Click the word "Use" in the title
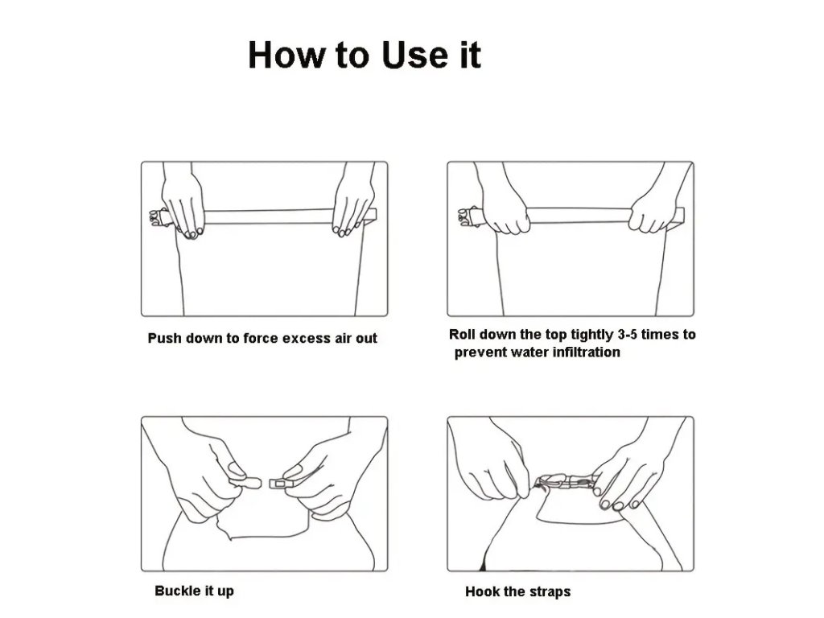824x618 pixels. pyautogui.click(x=416, y=55)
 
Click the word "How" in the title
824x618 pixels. pyautogui.click(x=286, y=55)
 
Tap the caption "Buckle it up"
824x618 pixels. pyautogui.click(x=194, y=591)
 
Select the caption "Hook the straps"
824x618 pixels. pyautogui.click(x=517, y=591)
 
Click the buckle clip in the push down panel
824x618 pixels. pyautogui.click(x=159, y=217)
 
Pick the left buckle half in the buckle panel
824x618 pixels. pyautogui.click(x=245, y=482)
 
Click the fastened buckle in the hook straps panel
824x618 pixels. pyautogui.click(x=566, y=481)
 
